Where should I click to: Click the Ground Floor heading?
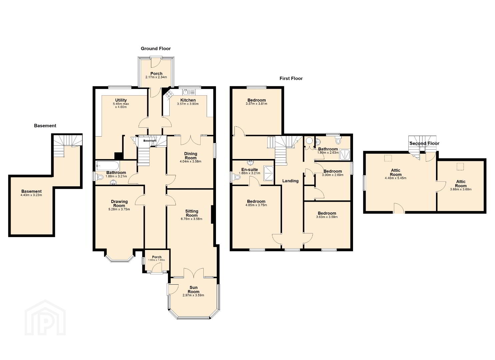pos(156,49)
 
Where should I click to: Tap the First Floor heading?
pos(291,78)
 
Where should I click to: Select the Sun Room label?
pos(194,290)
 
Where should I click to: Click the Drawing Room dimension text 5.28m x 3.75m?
pos(119,209)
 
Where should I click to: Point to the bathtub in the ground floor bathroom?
pos(108,165)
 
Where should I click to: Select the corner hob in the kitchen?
pos(169,94)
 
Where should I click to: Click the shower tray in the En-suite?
pos(268,173)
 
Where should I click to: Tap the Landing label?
pos(290,181)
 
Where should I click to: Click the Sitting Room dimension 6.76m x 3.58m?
pos(192,219)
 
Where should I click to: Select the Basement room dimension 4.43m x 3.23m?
pos(31,195)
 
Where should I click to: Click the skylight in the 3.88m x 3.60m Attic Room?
pos(460,167)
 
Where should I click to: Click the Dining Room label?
pos(191,156)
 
